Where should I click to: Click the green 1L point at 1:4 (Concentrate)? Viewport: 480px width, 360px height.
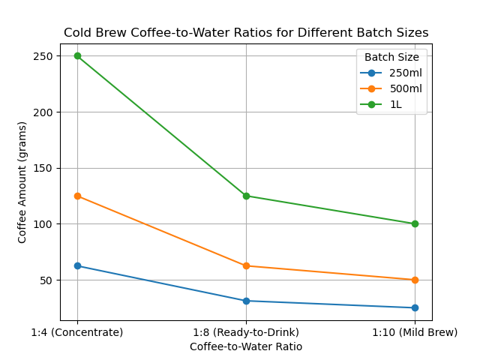coord(77,56)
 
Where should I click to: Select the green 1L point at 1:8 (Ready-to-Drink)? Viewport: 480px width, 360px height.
coord(246,196)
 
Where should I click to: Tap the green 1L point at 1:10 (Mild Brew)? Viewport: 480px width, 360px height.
coord(415,223)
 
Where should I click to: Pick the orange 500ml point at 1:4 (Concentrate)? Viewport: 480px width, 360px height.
coord(77,196)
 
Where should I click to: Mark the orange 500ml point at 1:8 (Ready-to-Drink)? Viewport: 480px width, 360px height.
coord(246,265)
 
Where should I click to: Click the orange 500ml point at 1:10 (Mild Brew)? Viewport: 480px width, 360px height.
coord(415,280)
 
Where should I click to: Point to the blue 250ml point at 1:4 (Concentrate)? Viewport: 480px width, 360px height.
coord(77,265)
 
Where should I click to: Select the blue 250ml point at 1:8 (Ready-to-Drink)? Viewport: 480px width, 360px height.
coord(246,301)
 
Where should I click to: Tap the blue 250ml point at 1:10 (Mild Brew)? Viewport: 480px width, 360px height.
coord(415,307)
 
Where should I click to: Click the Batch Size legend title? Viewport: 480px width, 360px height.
coord(391,57)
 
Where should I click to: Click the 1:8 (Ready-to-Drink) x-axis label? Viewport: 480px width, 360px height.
coord(246,332)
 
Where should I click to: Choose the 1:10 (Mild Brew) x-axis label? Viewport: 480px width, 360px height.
coord(415,332)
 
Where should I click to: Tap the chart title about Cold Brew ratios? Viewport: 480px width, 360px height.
coord(246,33)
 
